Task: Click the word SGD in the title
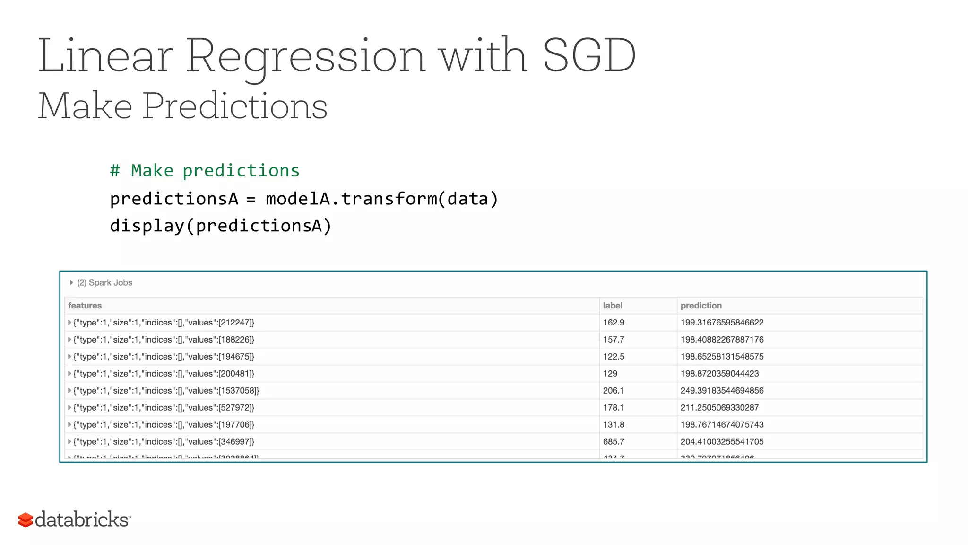pyautogui.click(x=589, y=56)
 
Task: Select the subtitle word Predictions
pyautogui.click(x=235, y=106)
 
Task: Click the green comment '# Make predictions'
pyautogui.click(x=205, y=171)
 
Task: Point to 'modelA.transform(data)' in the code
pyautogui.click(x=382, y=199)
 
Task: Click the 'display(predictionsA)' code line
pyautogui.click(x=221, y=226)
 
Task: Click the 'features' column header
pyautogui.click(x=85, y=306)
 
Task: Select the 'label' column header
pyautogui.click(x=613, y=306)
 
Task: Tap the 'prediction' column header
pyautogui.click(x=701, y=306)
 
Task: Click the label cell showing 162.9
pyautogui.click(x=614, y=323)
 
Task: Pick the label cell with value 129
pyautogui.click(x=610, y=374)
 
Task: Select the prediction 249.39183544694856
pyautogui.click(x=722, y=391)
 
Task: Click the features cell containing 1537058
pyautogui.click(x=166, y=391)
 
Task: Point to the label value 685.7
pyautogui.click(x=614, y=442)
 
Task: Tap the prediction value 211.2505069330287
pyautogui.click(x=719, y=408)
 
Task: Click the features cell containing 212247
pyautogui.click(x=164, y=323)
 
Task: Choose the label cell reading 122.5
pyautogui.click(x=614, y=357)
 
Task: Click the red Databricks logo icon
pyautogui.click(x=26, y=520)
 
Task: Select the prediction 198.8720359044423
pyautogui.click(x=719, y=374)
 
